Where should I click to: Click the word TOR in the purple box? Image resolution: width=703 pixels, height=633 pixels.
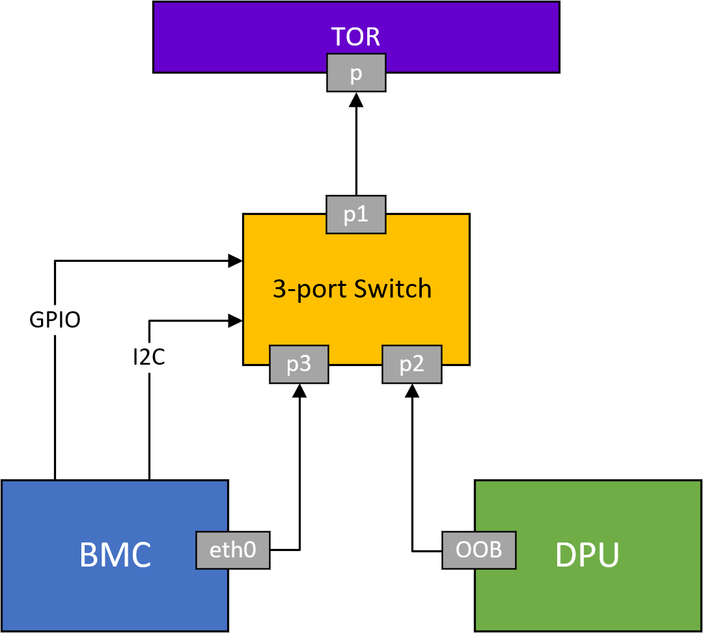coord(355,36)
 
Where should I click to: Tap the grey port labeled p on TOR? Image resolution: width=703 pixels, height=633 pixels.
coord(356,72)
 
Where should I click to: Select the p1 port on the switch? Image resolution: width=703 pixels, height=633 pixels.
coord(356,214)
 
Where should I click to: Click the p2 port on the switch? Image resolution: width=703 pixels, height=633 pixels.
coord(411,364)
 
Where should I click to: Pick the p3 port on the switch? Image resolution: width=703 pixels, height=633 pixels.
coord(299,364)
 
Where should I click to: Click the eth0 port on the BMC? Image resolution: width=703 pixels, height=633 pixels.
coord(233,550)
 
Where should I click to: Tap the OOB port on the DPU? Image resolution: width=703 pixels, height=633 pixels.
coord(479,550)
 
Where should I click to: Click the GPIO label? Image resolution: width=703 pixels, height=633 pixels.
coord(55,320)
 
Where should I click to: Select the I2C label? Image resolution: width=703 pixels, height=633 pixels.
coord(148,357)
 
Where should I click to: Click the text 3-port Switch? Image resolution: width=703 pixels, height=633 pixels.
coord(352,288)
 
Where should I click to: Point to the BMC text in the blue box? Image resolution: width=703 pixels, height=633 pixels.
coord(115,556)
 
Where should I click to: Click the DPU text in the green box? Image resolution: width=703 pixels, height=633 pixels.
coord(587,556)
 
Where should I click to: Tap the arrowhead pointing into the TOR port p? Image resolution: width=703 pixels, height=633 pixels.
coord(356,99)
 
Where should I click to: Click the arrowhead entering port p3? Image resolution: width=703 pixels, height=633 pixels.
coord(299,390)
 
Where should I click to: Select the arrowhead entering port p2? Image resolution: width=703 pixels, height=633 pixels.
coord(411,390)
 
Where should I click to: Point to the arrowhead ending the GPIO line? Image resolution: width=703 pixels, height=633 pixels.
coord(236,261)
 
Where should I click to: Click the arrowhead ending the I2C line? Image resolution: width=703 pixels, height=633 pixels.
coord(236,320)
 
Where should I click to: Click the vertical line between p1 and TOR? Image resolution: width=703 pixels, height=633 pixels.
coord(356,150)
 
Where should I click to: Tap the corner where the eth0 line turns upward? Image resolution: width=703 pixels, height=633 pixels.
coord(299,550)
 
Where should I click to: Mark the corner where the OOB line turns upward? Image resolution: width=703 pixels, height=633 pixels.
coord(411,551)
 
